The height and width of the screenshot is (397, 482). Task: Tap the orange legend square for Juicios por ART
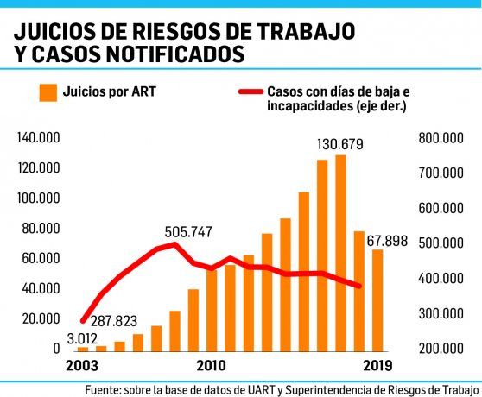(48, 91)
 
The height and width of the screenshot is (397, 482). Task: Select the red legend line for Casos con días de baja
(249, 91)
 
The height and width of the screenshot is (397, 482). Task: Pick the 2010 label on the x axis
(212, 366)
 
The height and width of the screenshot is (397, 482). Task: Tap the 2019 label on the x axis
(377, 366)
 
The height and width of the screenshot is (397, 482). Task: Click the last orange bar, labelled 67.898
(377, 299)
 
